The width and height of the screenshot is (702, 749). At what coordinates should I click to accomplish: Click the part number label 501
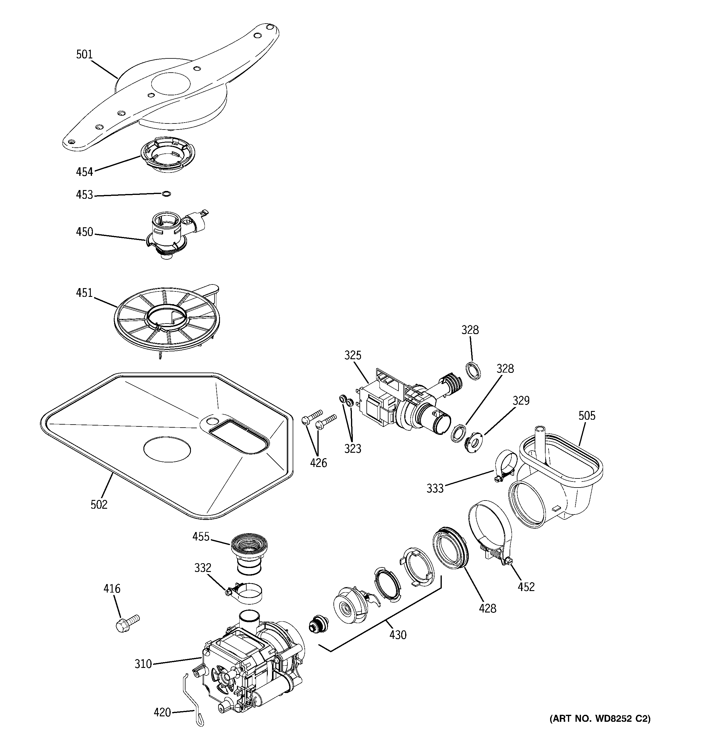pyautogui.click(x=84, y=55)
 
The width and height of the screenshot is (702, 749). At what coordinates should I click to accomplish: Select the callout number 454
pyautogui.click(x=84, y=172)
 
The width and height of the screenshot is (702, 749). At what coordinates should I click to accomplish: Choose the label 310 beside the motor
pyautogui.click(x=143, y=664)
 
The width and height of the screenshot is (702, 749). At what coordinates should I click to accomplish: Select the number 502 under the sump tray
pyautogui.click(x=99, y=504)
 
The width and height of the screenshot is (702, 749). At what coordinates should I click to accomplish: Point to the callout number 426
pyautogui.click(x=318, y=463)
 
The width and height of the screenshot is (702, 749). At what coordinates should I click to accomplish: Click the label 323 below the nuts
pyautogui.click(x=353, y=448)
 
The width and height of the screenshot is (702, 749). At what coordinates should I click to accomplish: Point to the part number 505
pyautogui.click(x=587, y=416)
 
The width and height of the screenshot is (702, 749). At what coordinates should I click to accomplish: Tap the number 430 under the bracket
pyautogui.click(x=398, y=635)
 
